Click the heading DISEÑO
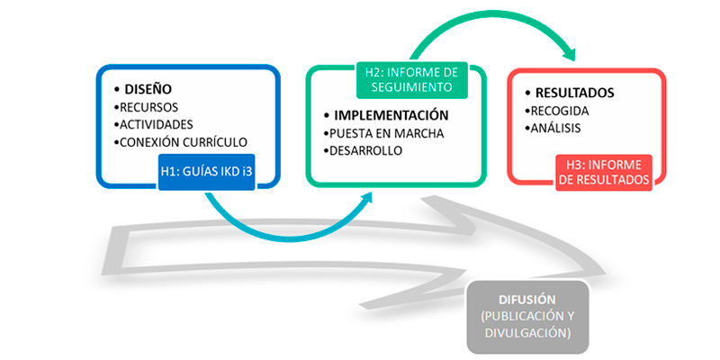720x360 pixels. coord(147,89)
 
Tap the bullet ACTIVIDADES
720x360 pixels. coord(157,124)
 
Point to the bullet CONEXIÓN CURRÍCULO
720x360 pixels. coord(184,142)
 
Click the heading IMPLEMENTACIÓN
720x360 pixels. coord(391,115)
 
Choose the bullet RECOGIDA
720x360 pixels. coord(560,111)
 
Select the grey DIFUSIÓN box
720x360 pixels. coord(528,315)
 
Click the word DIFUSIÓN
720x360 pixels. coord(527,299)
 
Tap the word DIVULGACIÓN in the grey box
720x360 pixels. coord(528,332)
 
